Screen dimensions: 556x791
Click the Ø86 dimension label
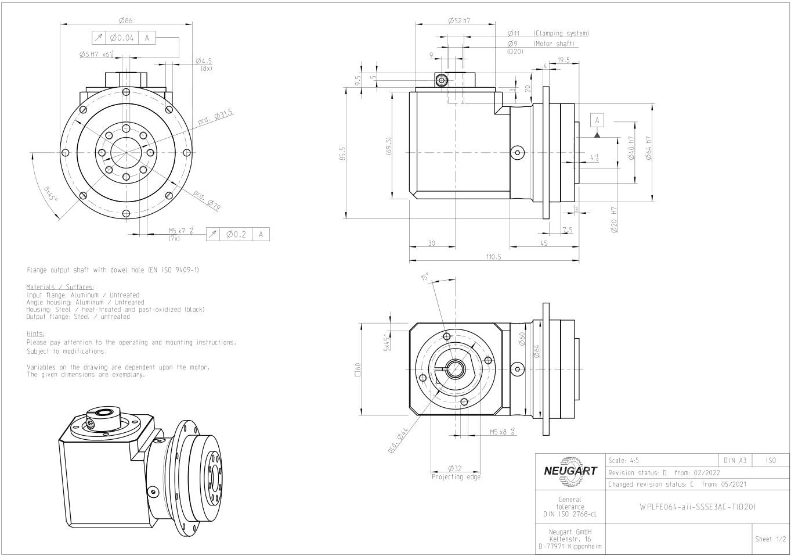[x=126, y=20]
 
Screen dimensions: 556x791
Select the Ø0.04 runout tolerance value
[x=122, y=38]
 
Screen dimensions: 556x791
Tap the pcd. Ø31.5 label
[x=215, y=117]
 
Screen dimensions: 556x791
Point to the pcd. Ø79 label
[x=207, y=200]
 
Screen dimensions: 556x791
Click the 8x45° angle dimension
[x=50, y=193]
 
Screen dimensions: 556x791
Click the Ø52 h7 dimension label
[x=459, y=20]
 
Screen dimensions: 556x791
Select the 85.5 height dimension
[x=342, y=154]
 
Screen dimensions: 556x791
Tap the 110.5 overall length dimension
[x=493, y=257]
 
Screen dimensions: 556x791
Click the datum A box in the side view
[x=597, y=120]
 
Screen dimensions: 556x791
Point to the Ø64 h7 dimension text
[x=648, y=148]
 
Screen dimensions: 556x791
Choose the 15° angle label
[x=425, y=277]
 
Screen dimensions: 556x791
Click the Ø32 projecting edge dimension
[x=456, y=468]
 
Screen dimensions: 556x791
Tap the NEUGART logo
[x=569, y=471]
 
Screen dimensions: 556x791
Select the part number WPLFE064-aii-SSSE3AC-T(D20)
[x=697, y=507]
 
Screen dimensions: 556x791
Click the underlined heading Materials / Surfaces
[x=60, y=287]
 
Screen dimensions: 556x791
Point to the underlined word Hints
[x=35, y=334]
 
